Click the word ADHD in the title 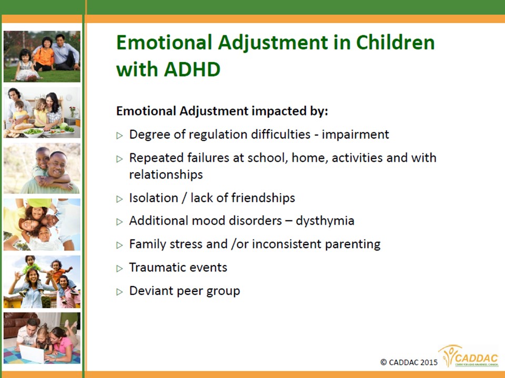(x=192, y=69)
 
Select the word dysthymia (x=325, y=221)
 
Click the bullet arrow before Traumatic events (x=119, y=268)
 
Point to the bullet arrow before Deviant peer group (x=119, y=292)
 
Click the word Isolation (x=154, y=198)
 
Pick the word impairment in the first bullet (x=356, y=134)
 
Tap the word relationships (x=166, y=174)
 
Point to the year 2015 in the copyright (x=429, y=362)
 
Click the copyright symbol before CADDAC (x=383, y=362)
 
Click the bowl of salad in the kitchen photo (x=33, y=132)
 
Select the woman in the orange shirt (x=44, y=54)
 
